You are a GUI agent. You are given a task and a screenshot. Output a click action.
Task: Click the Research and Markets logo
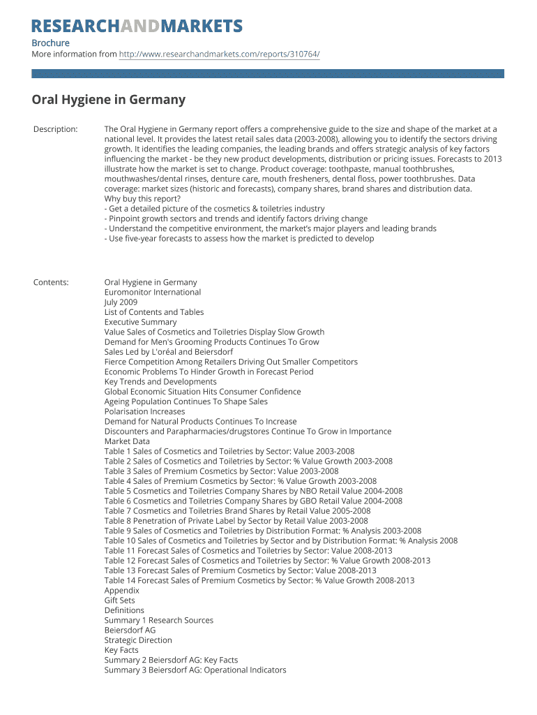137,27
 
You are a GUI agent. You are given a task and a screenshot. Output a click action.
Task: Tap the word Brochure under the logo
50,43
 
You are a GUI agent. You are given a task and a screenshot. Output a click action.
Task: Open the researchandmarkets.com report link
219,54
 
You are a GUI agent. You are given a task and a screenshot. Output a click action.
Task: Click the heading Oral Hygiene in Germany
109,100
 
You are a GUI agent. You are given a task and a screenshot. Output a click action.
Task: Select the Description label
56,129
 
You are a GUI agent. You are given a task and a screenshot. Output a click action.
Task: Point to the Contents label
51,282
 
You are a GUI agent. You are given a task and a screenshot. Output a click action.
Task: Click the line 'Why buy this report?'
142,199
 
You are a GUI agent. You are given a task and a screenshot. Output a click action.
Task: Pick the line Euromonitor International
153,293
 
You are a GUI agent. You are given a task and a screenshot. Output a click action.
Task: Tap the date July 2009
121,302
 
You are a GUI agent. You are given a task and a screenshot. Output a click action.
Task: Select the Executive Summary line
141,322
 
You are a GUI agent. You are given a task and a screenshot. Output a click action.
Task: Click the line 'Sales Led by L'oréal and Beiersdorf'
169,352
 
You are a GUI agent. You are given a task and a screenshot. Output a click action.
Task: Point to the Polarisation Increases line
144,411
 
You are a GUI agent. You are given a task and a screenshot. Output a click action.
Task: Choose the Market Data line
127,441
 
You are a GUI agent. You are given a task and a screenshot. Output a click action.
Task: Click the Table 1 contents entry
229,451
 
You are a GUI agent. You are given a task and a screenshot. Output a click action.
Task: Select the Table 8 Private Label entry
236,520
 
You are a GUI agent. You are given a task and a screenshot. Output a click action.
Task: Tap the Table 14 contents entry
259,580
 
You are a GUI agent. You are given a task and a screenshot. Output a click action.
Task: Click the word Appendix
122,590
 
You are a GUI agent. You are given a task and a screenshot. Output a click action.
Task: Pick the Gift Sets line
120,600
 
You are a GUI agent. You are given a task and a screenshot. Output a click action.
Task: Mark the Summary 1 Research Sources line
159,620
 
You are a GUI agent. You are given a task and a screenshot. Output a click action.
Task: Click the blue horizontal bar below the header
268,73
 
